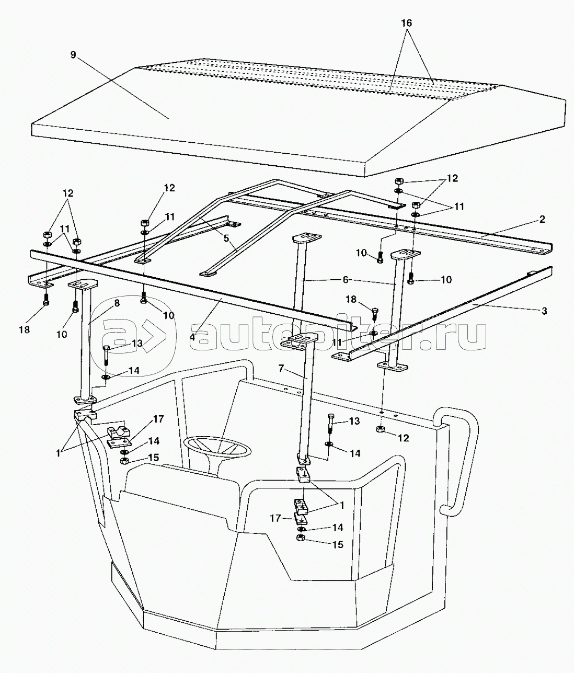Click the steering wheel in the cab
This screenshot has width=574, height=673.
(x=216, y=448)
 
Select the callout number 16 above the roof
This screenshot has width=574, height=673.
(x=407, y=23)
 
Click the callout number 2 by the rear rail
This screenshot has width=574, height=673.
(x=542, y=220)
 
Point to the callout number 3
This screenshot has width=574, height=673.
(x=544, y=311)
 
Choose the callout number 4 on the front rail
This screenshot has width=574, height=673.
(x=193, y=337)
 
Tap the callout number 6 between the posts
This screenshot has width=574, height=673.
(x=345, y=280)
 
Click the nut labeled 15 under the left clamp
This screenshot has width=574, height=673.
(x=124, y=461)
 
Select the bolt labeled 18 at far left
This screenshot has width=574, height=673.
(x=46, y=302)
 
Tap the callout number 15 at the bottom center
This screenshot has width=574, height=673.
(x=338, y=544)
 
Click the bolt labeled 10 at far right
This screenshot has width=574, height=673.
(x=411, y=280)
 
